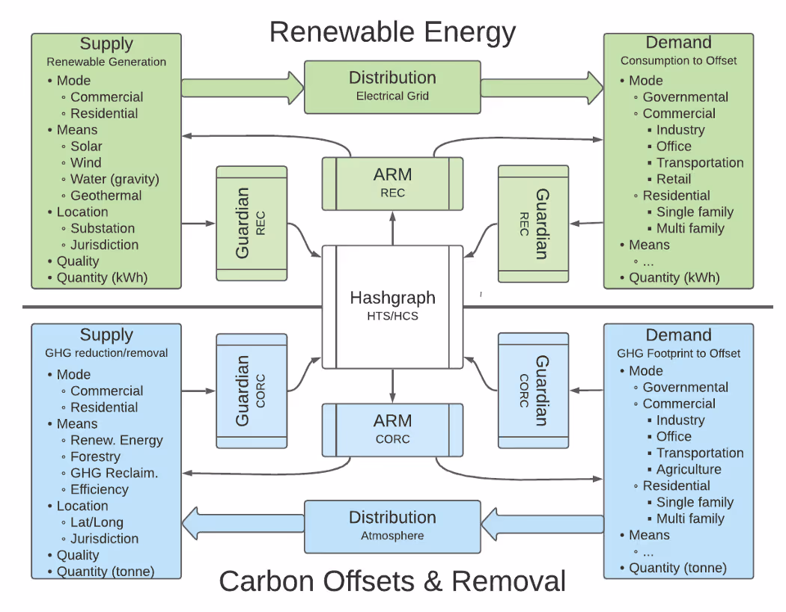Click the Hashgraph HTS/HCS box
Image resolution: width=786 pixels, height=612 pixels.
[x=392, y=306]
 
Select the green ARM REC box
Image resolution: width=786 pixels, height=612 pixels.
[x=392, y=183]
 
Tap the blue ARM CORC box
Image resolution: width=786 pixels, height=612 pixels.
[x=392, y=429]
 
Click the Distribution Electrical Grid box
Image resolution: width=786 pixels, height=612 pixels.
[x=392, y=86]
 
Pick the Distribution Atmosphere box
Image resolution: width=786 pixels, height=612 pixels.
[x=392, y=526]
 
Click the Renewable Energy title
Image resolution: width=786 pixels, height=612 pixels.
[x=392, y=32]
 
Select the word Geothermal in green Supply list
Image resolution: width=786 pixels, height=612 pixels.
[x=106, y=196]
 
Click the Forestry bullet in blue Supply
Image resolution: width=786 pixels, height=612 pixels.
[x=95, y=457]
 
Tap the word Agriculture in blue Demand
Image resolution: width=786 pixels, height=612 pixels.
[x=689, y=470]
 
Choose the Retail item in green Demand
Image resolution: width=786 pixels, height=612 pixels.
[x=674, y=180]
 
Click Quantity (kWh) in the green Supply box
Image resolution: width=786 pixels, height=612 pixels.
[x=102, y=278]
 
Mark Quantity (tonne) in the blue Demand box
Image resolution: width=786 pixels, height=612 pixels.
[x=677, y=569]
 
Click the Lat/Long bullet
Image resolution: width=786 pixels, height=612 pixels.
[x=97, y=523]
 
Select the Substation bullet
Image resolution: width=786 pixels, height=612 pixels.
[x=103, y=229]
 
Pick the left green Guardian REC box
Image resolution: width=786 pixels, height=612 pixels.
[x=252, y=223]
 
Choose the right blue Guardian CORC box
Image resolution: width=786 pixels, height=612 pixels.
[x=533, y=390]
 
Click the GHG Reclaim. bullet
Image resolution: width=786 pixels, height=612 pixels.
[x=114, y=474]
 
